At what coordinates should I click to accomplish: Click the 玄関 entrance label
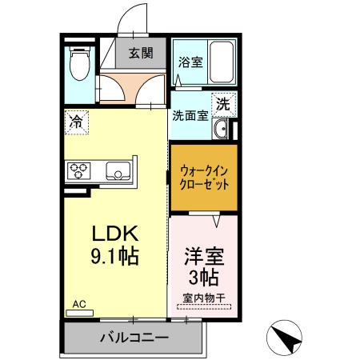pos(141,54)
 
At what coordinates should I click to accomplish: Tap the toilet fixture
pos(79,65)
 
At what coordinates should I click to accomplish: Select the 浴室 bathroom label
pos(190,61)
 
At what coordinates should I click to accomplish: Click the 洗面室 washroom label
pos(190,114)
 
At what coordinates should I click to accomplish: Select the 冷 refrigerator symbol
pos(76,122)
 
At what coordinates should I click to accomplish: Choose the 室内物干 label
pos(203,298)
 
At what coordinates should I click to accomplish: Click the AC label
pos(79,304)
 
